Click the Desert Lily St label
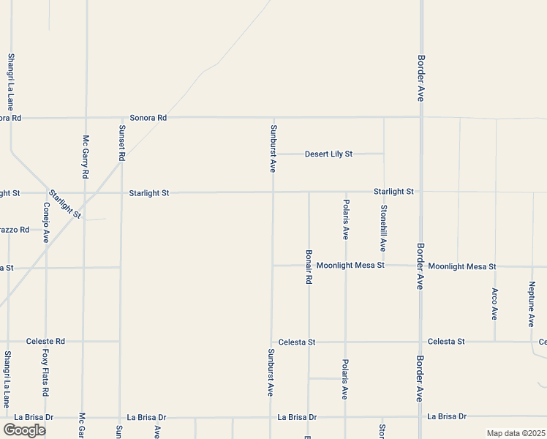328,154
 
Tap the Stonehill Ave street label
383,228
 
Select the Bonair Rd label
309,266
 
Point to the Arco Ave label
495,304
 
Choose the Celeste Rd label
45,341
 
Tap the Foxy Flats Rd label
45,372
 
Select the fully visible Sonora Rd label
148,117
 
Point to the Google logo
24,429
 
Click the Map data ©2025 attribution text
516,433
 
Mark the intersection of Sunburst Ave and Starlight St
273,192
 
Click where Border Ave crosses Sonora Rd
420,117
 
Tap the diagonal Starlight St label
65,203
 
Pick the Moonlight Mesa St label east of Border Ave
463,266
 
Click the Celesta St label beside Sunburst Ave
296,342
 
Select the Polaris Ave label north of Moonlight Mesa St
346,219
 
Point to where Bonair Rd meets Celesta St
309,342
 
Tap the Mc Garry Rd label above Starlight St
86,157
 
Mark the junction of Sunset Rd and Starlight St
121,192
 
